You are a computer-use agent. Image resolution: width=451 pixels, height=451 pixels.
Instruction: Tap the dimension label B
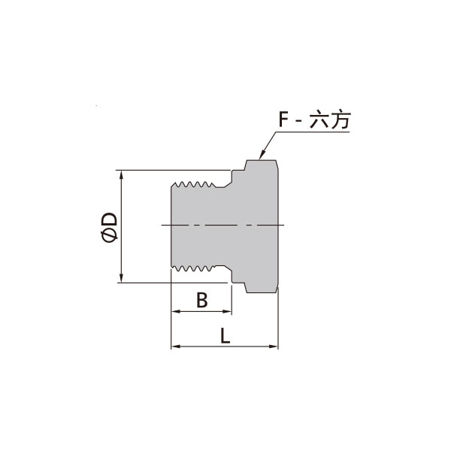pos(201,300)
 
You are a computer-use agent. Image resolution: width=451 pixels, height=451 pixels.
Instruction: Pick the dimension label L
pos(225,335)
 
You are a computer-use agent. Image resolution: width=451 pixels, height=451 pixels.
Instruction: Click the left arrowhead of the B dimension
pos(176,311)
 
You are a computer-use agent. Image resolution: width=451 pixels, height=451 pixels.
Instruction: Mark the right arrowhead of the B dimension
pos(227,311)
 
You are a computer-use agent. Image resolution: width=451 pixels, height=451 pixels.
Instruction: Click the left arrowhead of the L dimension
pos(176,347)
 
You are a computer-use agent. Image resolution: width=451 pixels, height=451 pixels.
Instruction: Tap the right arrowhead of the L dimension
pos(274,347)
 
